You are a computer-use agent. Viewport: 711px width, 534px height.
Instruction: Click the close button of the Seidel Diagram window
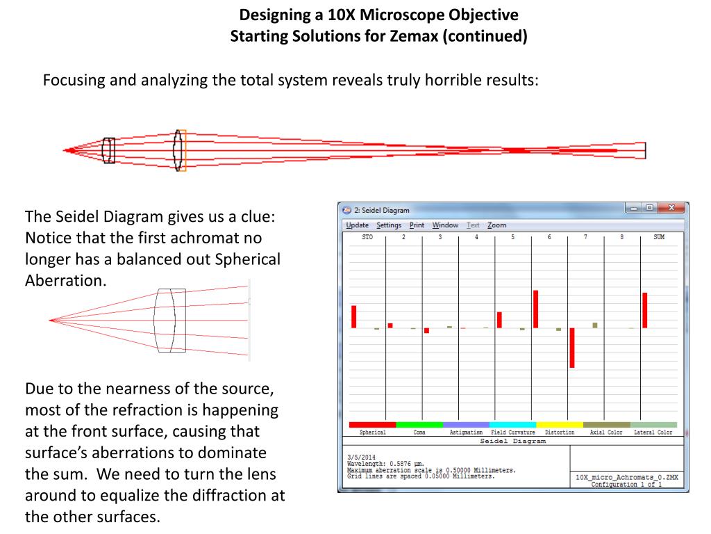tap(671, 209)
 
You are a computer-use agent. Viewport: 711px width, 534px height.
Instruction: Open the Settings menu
tap(389, 225)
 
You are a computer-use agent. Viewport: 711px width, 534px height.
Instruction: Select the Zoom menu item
tap(496, 225)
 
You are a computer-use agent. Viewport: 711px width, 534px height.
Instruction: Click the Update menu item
tap(357, 225)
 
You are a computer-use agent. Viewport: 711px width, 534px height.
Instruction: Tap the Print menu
tap(417, 225)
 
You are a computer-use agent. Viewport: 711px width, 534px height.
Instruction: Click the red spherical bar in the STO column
tap(353, 316)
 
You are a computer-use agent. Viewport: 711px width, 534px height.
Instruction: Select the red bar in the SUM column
tap(644, 310)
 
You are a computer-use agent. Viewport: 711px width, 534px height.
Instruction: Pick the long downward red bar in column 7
tap(572, 348)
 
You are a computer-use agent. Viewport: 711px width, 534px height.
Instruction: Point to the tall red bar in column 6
tap(535, 309)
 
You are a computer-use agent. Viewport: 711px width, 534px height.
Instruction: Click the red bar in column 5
tap(499, 320)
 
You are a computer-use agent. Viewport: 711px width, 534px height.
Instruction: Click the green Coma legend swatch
tap(419, 424)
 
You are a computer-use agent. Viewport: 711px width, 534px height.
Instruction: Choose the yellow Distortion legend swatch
tap(560, 424)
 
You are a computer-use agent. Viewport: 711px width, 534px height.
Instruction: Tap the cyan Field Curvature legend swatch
tap(512, 424)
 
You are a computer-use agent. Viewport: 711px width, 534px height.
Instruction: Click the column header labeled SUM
tap(658, 237)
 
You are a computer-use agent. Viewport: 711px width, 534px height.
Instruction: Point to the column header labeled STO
tap(367, 237)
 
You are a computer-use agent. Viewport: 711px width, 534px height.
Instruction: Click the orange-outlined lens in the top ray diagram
tap(181, 150)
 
